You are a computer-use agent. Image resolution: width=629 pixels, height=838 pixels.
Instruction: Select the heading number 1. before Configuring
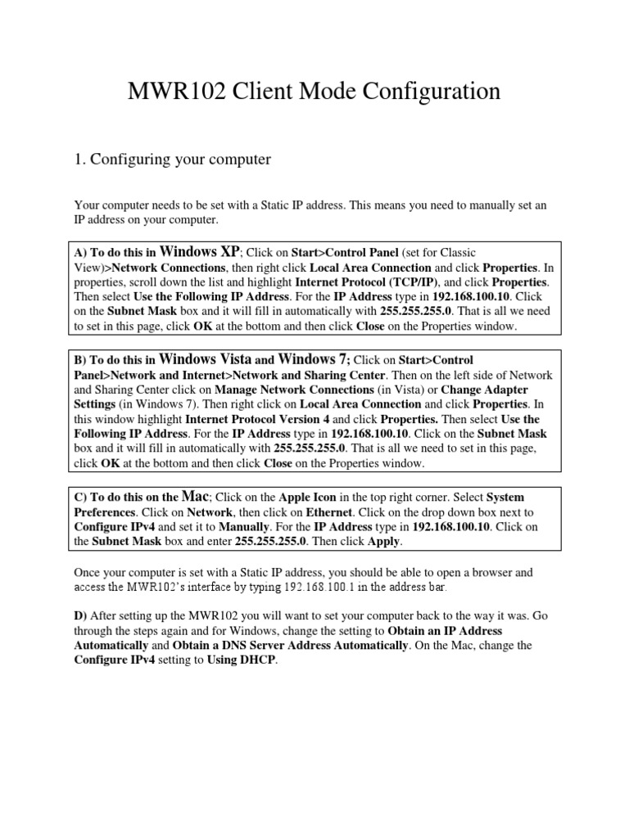[80, 160]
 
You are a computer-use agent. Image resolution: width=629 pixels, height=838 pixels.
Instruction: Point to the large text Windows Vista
[206, 358]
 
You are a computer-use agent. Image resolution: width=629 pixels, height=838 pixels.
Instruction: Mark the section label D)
[81, 615]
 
